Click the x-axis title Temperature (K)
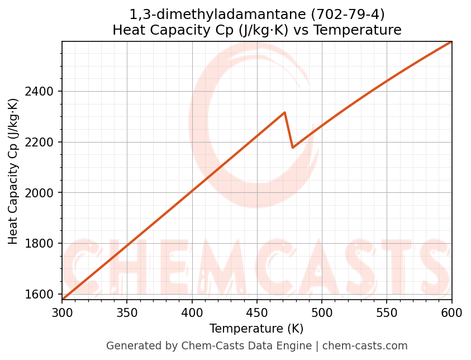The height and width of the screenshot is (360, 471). pos(256,329)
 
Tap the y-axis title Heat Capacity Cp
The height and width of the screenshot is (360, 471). pos(13,171)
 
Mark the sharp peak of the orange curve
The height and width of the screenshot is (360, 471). pos(285,112)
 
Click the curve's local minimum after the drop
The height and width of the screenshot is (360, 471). pos(293,148)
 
